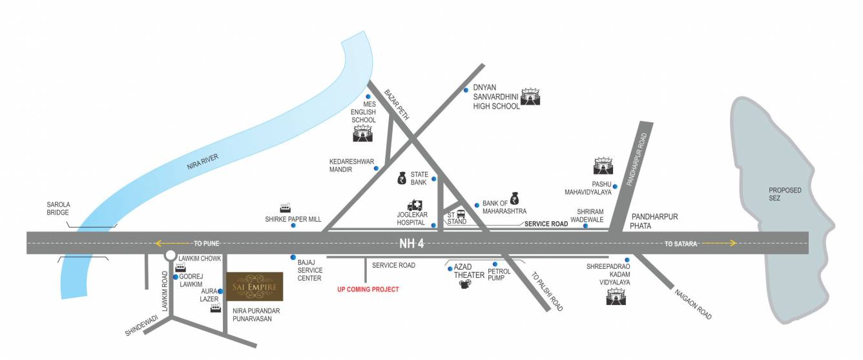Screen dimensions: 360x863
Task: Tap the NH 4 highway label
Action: point(410,243)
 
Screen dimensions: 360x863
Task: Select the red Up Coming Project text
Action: point(368,290)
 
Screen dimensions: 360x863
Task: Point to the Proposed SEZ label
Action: point(784,194)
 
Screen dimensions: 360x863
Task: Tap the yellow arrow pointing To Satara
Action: point(718,244)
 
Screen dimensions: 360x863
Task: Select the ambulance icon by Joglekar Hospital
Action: point(414,206)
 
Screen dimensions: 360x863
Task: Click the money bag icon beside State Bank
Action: point(401,176)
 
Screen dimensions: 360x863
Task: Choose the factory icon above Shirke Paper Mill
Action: point(285,208)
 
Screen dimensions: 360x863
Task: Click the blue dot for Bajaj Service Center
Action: point(293,257)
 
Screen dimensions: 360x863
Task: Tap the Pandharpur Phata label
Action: point(654,221)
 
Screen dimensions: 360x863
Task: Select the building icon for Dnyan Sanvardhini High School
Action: point(530,96)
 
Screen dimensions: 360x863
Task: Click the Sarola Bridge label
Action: point(58,208)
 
